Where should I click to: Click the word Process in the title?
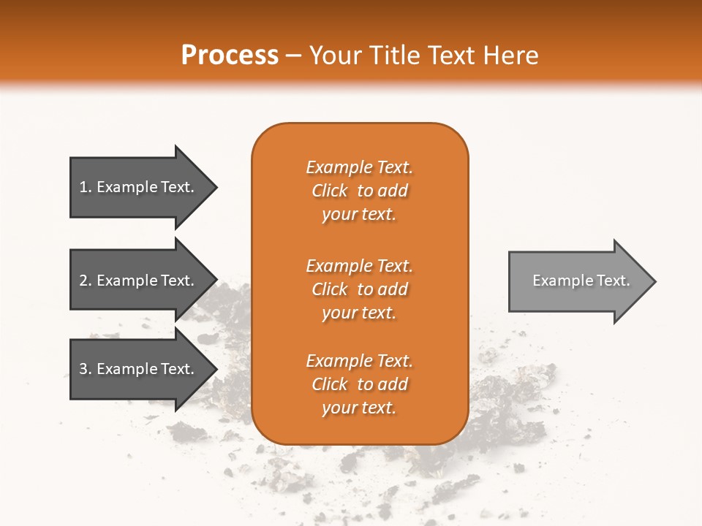pyautogui.click(x=230, y=56)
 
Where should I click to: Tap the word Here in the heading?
pyautogui.click(x=512, y=56)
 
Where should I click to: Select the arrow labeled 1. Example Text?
pyautogui.click(x=139, y=187)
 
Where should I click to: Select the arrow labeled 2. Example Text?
pyautogui.click(x=139, y=281)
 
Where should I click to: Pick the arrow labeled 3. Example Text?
pyautogui.click(x=139, y=369)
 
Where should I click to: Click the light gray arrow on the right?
pyautogui.click(x=578, y=281)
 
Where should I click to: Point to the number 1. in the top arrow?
pyautogui.click(x=86, y=187)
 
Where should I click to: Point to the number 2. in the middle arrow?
pyautogui.click(x=86, y=281)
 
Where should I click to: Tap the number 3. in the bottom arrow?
pyautogui.click(x=86, y=369)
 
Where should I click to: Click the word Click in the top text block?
pyautogui.click(x=330, y=191)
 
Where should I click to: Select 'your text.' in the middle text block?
pyautogui.click(x=359, y=313)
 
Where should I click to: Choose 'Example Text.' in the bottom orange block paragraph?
pyautogui.click(x=359, y=361)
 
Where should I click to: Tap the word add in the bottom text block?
pyautogui.click(x=393, y=384)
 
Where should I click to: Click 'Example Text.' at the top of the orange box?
pyautogui.click(x=359, y=167)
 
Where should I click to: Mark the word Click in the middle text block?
pyautogui.click(x=330, y=289)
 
